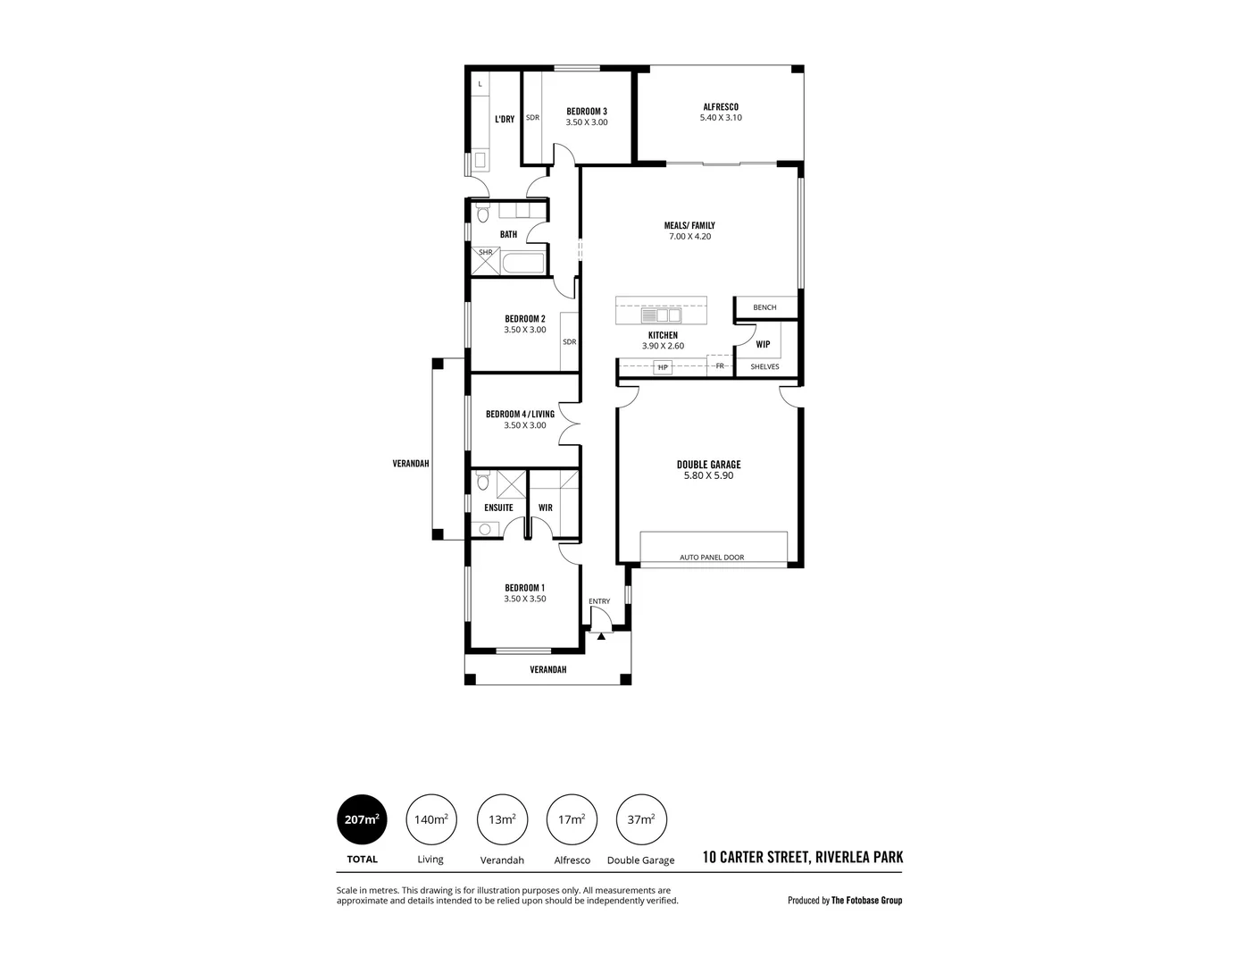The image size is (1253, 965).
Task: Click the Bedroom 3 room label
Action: [586, 112]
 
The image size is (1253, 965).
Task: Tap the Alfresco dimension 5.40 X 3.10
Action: [720, 118]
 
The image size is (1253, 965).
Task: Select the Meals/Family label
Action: [690, 225]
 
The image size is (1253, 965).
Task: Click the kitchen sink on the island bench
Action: [661, 315]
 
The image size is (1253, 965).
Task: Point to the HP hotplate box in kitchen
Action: [663, 367]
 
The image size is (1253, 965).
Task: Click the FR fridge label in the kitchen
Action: [719, 365]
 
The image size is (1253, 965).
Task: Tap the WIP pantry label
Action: [763, 344]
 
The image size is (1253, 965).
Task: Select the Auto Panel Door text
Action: [712, 558]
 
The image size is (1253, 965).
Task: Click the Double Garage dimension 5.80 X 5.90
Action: [708, 476]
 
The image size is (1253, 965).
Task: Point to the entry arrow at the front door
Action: [601, 636]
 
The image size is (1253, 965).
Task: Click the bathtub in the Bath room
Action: [522, 264]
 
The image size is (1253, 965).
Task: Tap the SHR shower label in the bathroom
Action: [485, 253]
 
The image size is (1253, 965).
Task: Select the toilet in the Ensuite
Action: [483, 482]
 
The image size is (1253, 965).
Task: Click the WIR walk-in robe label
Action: [545, 508]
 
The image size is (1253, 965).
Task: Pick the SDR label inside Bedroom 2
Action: [569, 341]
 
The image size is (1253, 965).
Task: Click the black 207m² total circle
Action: [362, 818]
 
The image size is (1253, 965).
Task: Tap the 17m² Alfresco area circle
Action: [572, 818]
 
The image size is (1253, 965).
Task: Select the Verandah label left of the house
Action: [411, 464]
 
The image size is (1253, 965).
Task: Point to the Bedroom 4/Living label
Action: [520, 414]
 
